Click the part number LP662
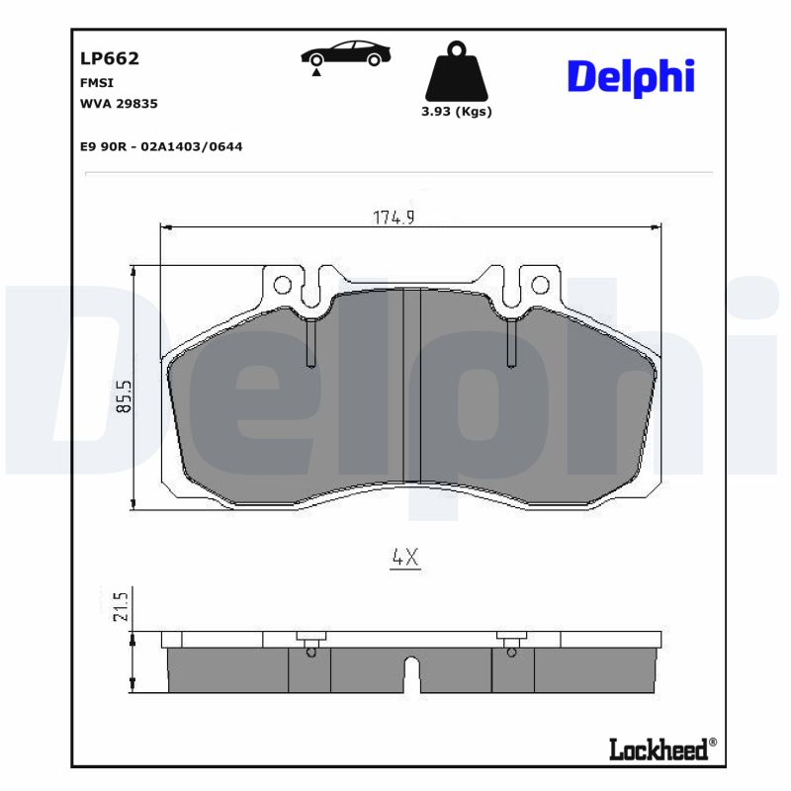tap(109, 58)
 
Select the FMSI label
tap(96, 83)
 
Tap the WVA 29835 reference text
tap(119, 103)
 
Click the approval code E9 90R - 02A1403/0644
tap(161, 146)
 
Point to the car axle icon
tap(345, 56)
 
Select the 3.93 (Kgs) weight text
tap(456, 112)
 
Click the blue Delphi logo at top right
tap(631, 76)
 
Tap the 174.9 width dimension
tap(393, 218)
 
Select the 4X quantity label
tap(405, 558)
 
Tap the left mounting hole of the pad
tap(282, 287)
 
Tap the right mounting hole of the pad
tap(539, 286)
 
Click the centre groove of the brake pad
tap(411, 386)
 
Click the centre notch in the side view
tap(412, 674)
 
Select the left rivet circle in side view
tap(311, 651)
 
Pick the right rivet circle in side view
tap(511, 651)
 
